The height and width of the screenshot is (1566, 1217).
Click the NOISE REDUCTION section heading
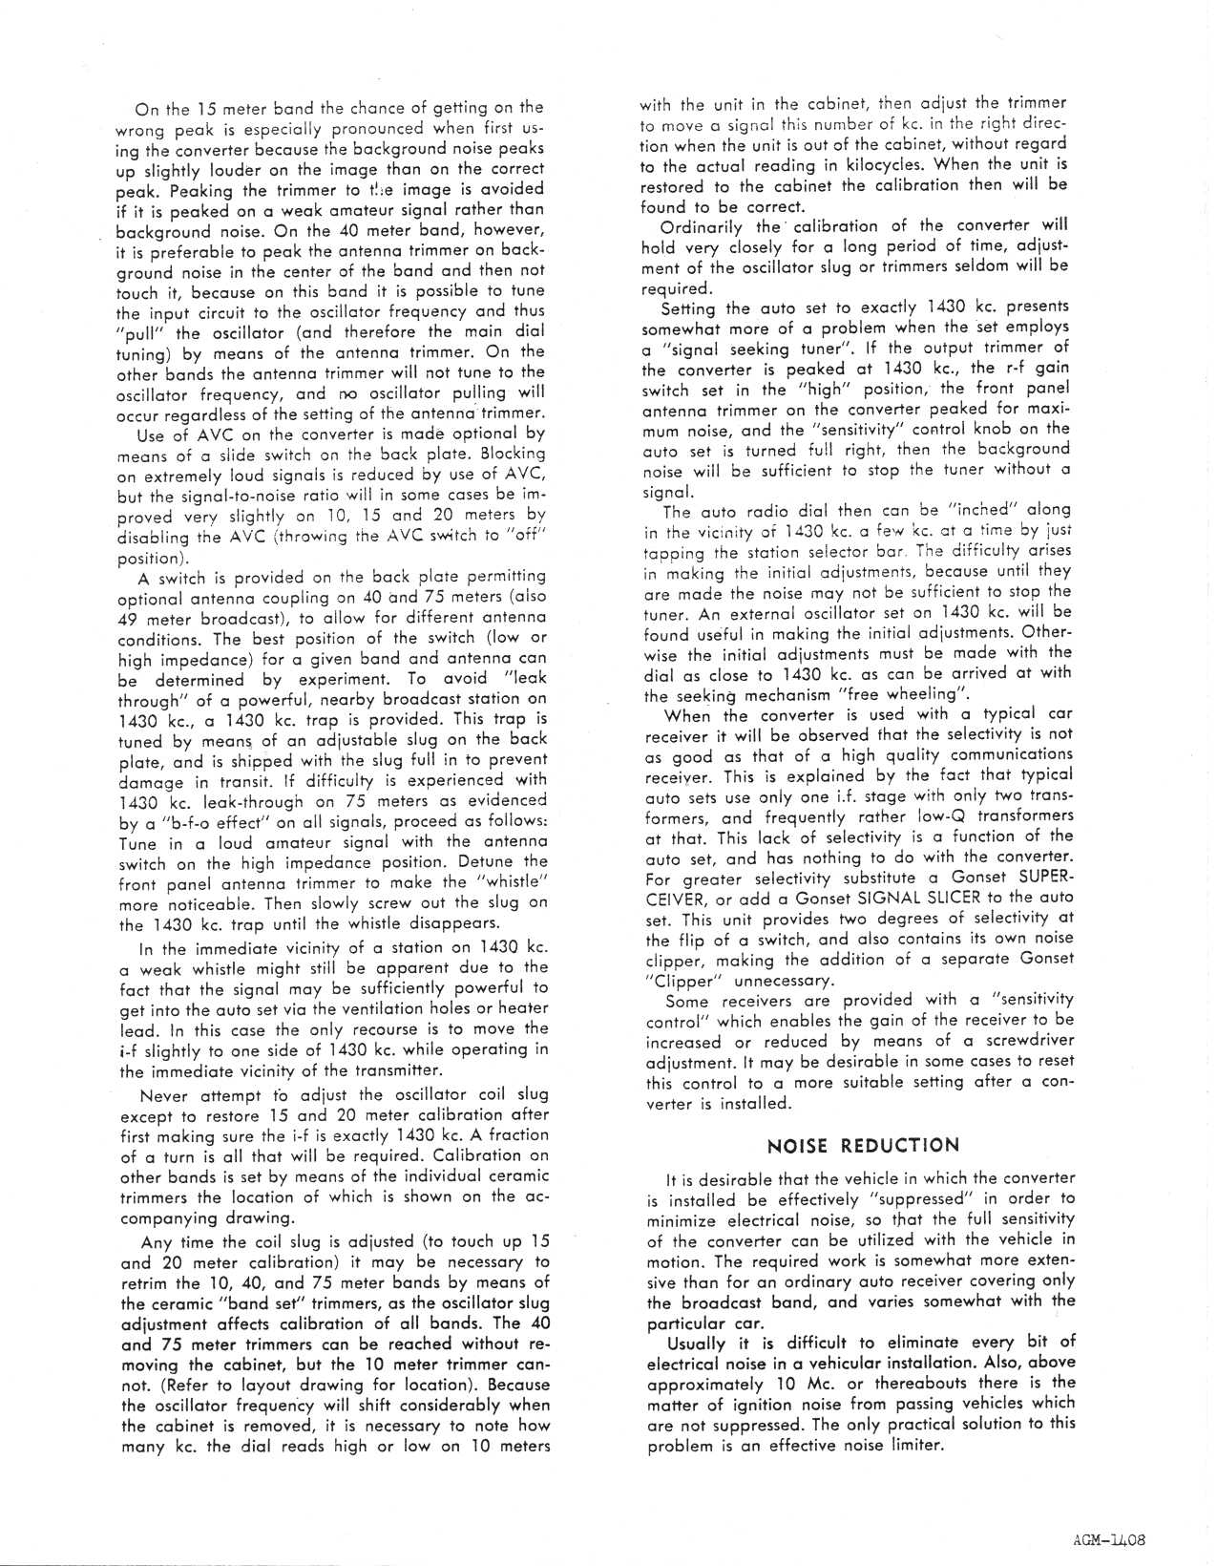[x=862, y=1145]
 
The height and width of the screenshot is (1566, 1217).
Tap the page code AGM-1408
[x=1107, y=1538]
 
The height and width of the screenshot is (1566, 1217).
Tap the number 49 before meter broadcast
[x=127, y=618]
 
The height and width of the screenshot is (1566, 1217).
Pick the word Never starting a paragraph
[x=164, y=1094]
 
